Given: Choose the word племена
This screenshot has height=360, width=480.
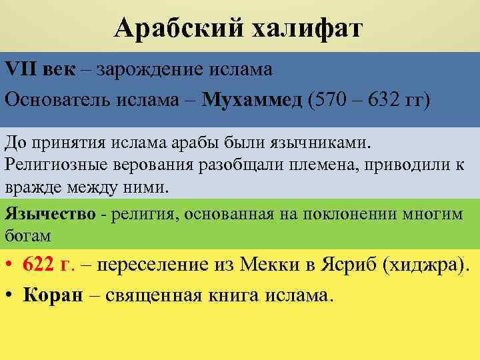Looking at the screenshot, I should pos(316,165).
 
